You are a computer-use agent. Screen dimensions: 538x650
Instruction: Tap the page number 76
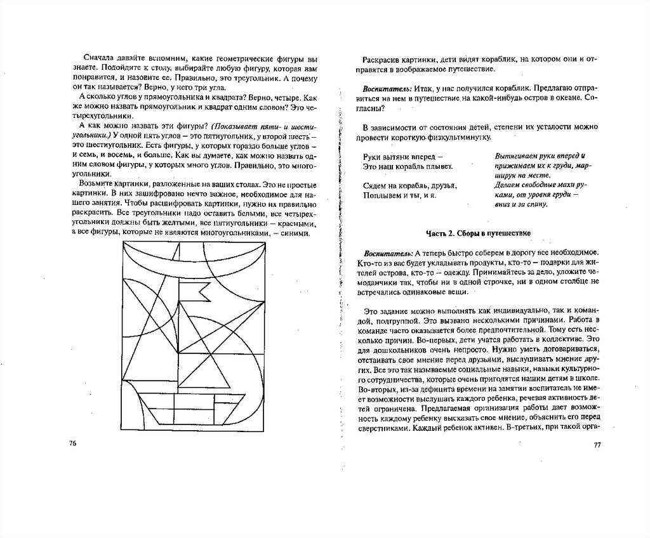(72, 443)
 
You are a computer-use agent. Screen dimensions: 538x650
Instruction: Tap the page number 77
(597, 445)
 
